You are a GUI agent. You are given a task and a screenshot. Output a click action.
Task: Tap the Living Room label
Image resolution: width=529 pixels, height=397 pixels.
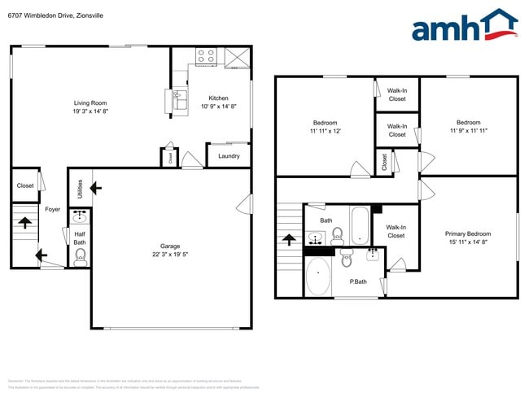tap(91, 103)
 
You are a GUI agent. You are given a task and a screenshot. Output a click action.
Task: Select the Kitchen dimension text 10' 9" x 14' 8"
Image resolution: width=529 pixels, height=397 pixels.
tap(219, 107)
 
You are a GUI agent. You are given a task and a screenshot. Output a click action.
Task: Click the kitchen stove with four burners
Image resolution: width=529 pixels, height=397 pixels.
tap(206, 56)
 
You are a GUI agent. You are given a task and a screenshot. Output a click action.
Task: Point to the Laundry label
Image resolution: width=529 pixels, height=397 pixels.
tap(229, 155)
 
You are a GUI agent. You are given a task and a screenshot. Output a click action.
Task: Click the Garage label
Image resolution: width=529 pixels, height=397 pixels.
tap(170, 246)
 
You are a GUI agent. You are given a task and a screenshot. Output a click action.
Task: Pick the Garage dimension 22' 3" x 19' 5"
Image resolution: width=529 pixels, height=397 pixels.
tap(170, 255)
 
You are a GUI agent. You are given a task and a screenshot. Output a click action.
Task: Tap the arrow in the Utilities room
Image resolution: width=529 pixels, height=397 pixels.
tap(96, 189)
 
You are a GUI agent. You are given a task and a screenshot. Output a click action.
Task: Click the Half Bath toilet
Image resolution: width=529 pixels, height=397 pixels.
tap(80, 257)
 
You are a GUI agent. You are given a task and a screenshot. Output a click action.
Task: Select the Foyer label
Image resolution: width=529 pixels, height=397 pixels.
tap(52, 209)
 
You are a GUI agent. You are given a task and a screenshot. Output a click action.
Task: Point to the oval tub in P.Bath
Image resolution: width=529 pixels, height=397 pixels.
tap(317, 278)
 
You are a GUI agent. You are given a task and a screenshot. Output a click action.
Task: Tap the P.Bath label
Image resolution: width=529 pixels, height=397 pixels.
tap(358, 281)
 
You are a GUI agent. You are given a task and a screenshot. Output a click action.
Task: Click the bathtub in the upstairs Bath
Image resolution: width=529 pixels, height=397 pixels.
tap(359, 225)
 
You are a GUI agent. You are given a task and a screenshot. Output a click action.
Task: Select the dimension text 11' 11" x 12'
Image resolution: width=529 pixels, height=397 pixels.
tap(325, 131)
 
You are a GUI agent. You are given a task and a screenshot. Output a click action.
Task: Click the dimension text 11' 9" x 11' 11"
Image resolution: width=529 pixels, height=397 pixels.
tap(468, 131)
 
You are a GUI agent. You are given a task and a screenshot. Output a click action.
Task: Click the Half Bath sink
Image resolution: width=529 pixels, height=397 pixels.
tap(79, 217)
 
